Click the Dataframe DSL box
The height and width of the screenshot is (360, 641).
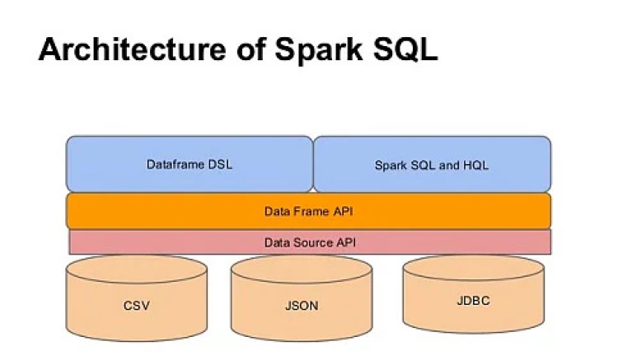189,164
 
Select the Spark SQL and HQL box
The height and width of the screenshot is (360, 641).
432,164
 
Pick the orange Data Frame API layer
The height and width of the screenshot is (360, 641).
308,211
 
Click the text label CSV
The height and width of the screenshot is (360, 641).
136,306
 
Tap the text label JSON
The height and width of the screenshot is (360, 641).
301,306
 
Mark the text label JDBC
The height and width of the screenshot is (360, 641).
473,301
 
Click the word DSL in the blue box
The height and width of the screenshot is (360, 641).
220,164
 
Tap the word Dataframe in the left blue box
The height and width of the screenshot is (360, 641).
175,164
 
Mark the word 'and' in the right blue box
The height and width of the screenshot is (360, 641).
449,165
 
